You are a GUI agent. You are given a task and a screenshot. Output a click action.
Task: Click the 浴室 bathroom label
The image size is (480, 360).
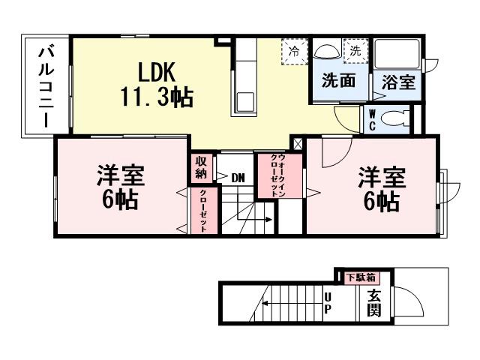[x=397, y=82]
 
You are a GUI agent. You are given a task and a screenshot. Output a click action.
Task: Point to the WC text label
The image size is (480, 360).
[x=372, y=120]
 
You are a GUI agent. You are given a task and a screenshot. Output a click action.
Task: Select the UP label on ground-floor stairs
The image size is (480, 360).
[x=327, y=303]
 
